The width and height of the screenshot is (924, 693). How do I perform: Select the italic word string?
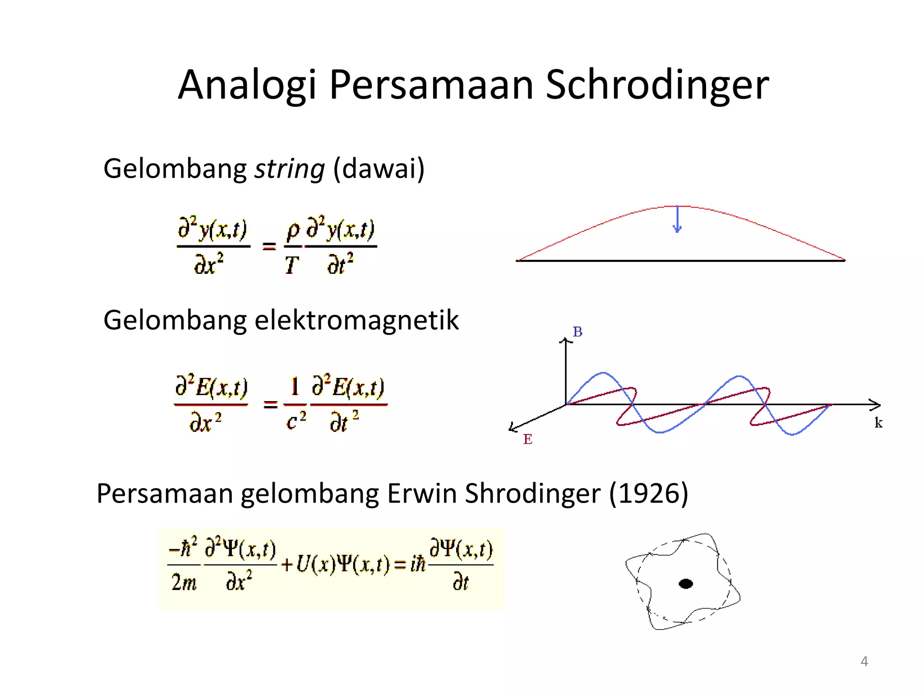tap(290, 169)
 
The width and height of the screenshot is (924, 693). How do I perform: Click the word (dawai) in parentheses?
tap(379, 169)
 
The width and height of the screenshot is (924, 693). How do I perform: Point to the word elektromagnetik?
tap(356, 320)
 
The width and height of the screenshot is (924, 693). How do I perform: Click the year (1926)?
tap(648, 493)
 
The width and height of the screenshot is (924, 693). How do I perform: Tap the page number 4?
tap(864, 661)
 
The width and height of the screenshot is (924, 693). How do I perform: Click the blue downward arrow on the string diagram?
tap(677, 220)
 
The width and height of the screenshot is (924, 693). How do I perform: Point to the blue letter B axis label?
tap(577, 332)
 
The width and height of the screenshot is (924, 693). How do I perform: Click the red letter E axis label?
tap(527, 439)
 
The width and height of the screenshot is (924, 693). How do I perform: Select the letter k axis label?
tap(878, 423)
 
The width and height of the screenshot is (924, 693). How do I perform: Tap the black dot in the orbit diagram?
tap(686, 584)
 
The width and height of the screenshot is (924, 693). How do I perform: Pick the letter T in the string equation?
tap(291, 265)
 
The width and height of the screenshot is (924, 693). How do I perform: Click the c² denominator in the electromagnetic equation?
tap(296, 421)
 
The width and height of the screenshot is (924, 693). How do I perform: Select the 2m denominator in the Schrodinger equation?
tap(184, 582)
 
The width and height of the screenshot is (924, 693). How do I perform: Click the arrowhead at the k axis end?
tap(876, 405)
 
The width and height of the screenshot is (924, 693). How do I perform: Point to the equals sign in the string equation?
tap(269, 246)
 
